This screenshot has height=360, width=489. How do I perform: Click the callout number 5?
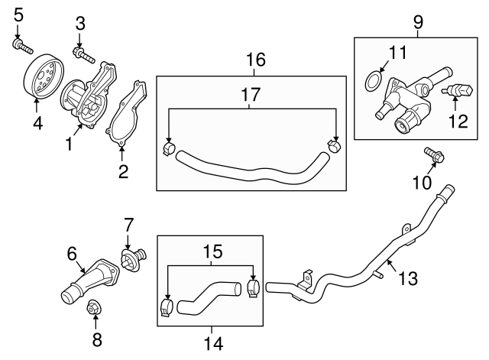(x=19, y=13)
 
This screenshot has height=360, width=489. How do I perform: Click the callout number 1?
(x=70, y=143)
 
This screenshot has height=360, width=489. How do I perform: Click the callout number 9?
(x=417, y=21)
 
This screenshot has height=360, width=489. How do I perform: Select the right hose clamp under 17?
(x=334, y=144)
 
